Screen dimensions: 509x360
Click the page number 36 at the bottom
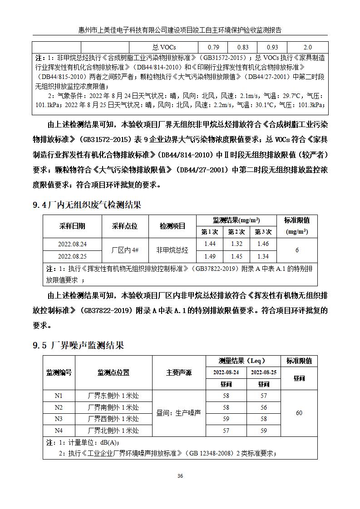click(x=180, y=476)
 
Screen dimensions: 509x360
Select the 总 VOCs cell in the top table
click(x=164, y=47)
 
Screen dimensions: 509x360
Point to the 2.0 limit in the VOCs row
click(x=307, y=47)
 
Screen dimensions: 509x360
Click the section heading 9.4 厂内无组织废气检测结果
click(x=87, y=205)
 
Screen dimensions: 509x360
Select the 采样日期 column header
click(x=72, y=226)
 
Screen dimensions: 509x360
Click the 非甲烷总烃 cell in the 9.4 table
click(x=172, y=250)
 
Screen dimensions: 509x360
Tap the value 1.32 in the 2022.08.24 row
click(x=237, y=244)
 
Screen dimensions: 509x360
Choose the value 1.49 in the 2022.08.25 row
click(x=210, y=256)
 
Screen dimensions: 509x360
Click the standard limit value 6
click(x=297, y=250)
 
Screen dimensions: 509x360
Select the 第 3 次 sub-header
click(x=263, y=232)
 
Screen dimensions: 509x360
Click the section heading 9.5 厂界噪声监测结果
click(x=78, y=346)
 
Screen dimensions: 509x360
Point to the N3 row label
click(x=59, y=419)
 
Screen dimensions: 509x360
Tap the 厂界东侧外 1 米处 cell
click(x=113, y=396)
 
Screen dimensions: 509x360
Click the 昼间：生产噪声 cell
click(x=178, y=413)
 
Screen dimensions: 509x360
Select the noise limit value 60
click(x=299, y=413)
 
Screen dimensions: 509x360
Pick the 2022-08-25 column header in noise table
click(x=264, y=372)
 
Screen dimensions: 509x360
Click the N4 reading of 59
click(x=264, y=431)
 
